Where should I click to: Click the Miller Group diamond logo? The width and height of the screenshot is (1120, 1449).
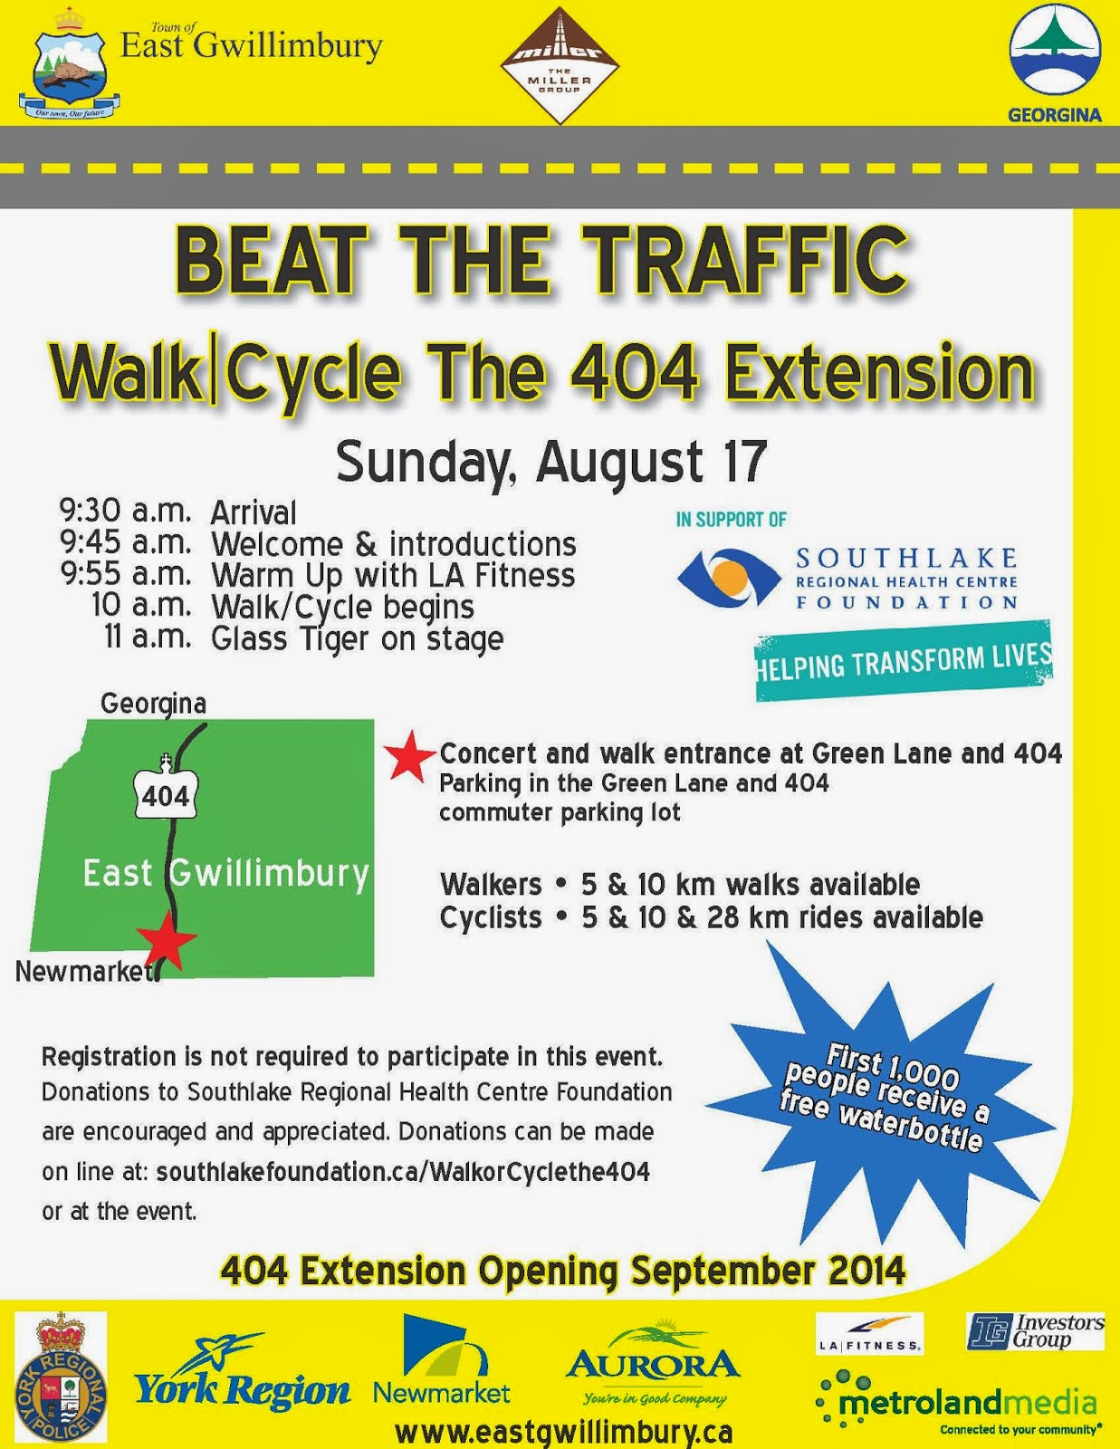pos(560,66)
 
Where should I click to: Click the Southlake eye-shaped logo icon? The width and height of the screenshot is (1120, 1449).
pos(729,578)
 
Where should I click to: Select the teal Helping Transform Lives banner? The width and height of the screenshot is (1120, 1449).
pos(904,661)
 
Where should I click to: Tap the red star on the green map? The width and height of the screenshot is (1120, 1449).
pos(166,939)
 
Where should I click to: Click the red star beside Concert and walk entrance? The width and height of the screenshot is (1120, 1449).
pos(410,756)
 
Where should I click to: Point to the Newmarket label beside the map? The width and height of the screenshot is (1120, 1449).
pos(84,972)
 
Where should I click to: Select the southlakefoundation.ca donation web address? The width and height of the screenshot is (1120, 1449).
pos(403,1172)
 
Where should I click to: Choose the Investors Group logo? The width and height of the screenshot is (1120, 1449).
pos(1035,1332)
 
